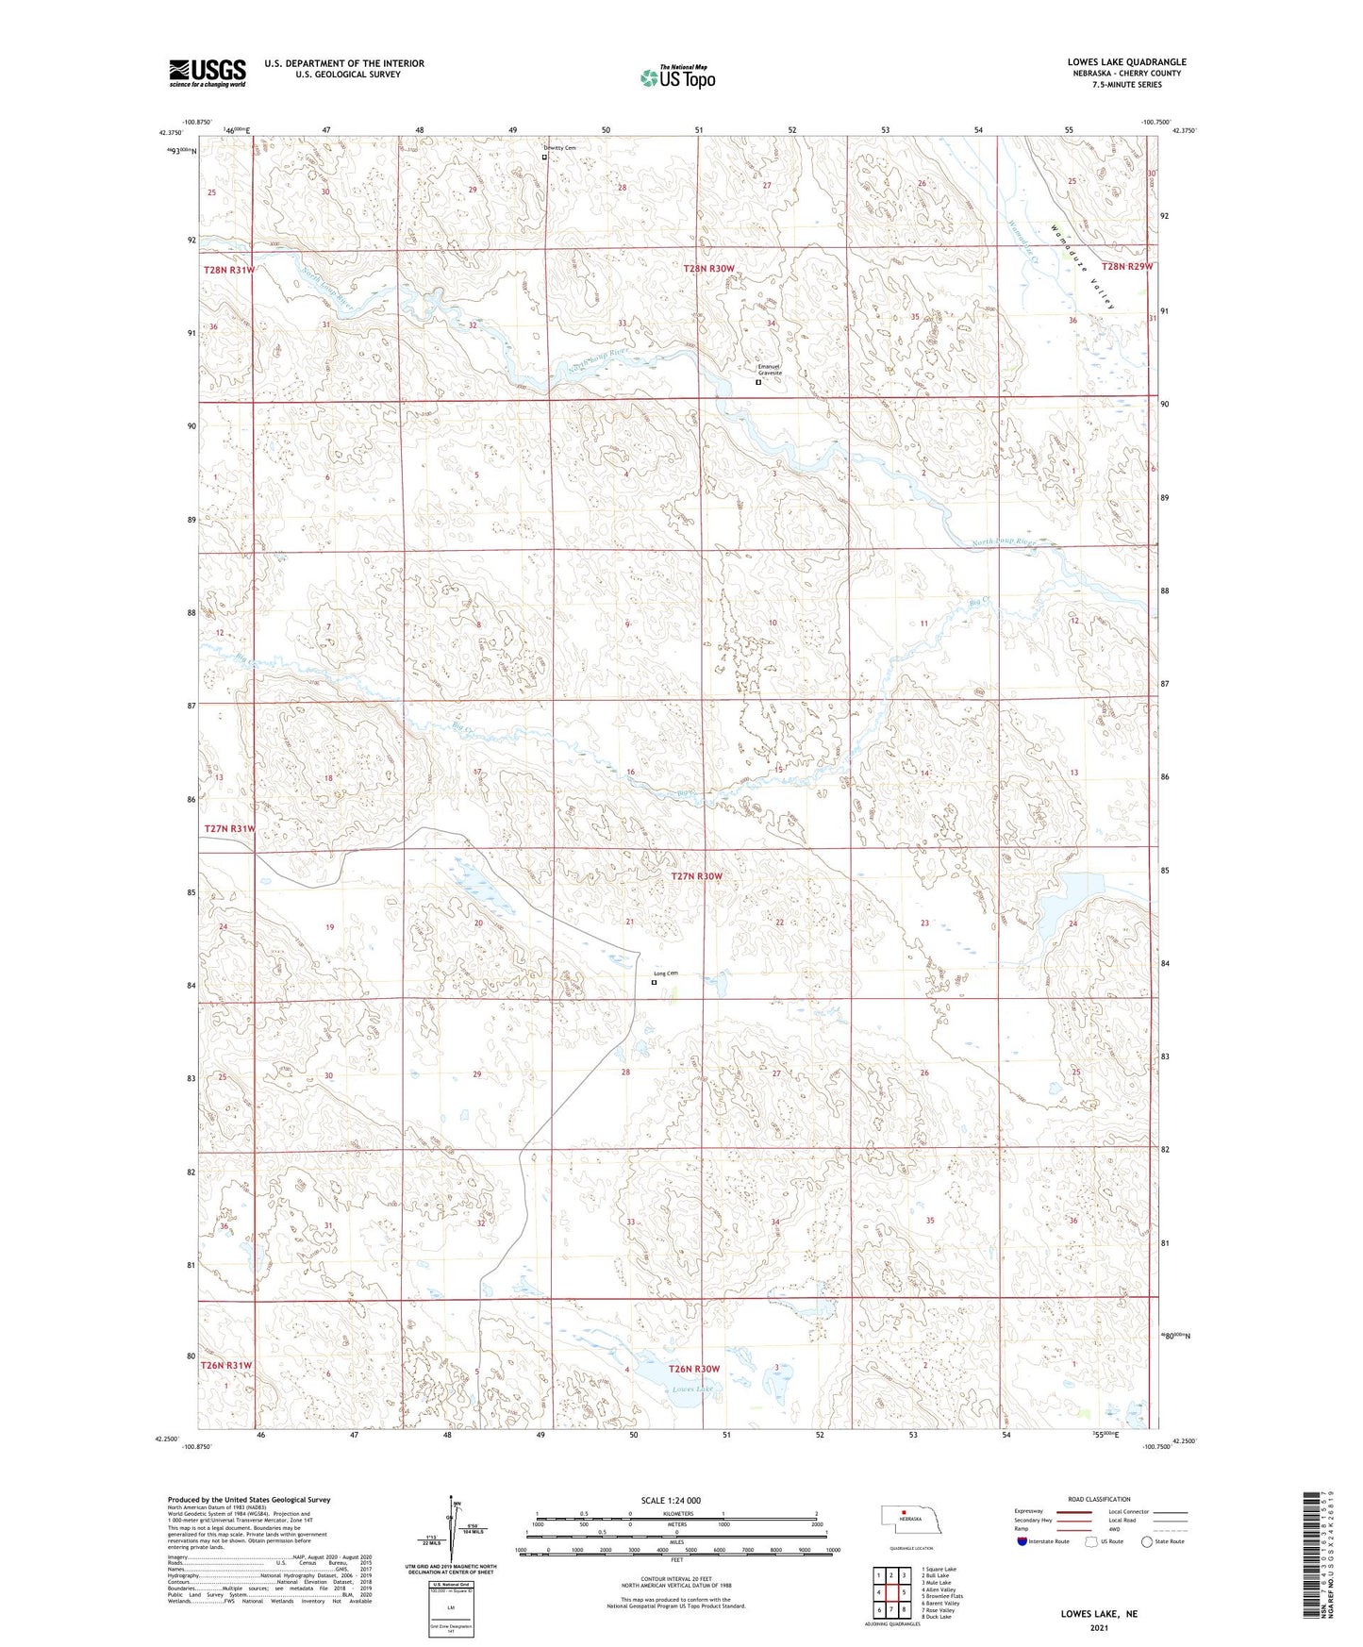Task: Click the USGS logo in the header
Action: click(x=208, y=73)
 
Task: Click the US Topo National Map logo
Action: click(x=677, y=76)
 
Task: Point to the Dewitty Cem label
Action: click(x=558, y=148)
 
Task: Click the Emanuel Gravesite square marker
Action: click(x=758, y=382)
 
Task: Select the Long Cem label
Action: click(x=666, y=973)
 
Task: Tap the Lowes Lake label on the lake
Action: click(x=692, y=1389)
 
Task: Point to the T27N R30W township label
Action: click(x=696, y=876)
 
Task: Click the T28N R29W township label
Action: click(x=1126, y=267)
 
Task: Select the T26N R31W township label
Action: click(x=226, y=1365)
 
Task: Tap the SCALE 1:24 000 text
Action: click(x=671, y=1500)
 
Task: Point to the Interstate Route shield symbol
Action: click(x=1022, y=1540)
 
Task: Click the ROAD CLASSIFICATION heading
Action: click(x=1099, y=1499)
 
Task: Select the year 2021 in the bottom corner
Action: click(x=1099, y=1627)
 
